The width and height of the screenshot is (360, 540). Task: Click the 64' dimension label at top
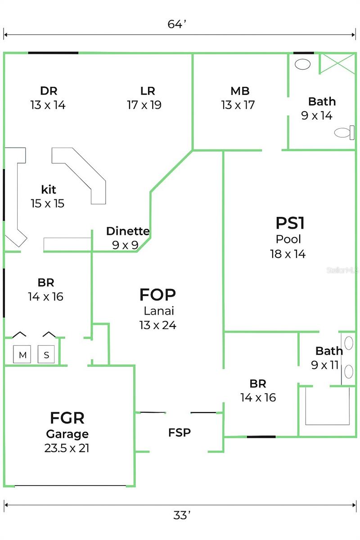pos(177,24)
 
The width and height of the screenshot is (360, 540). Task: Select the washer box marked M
pos(22,355)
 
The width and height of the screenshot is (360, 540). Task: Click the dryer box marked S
pos(46,355)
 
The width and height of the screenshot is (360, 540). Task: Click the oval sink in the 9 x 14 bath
pos(302,64)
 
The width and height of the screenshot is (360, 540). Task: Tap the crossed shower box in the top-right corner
pos(337,63)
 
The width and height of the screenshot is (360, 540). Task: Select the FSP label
pos(180,433)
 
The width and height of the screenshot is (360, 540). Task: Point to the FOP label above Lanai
pos(157,295)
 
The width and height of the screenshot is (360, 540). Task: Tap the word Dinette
pos(128,231)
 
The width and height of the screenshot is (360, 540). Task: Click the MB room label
pos(240,91)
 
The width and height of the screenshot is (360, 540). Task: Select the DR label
pos(49,91)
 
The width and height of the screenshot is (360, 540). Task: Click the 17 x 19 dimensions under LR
pos(144,105)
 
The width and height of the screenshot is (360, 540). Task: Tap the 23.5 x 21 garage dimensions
pos(67,448)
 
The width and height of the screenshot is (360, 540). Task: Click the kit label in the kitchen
pos(48,189)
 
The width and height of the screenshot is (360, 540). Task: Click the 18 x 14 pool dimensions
pos(288,254)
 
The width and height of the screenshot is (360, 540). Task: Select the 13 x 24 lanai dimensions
pos(157,324)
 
